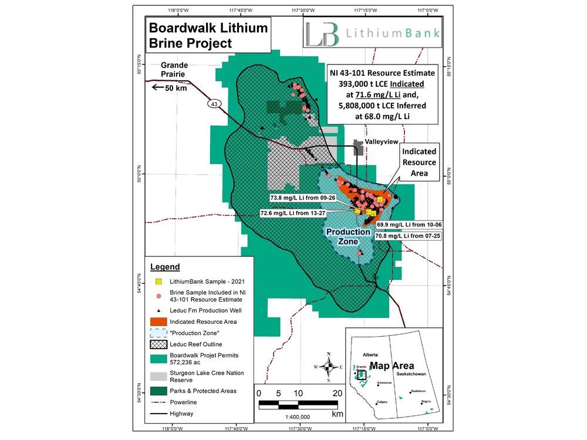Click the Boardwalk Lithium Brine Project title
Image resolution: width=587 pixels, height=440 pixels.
208,35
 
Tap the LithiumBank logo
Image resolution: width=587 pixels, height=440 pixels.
372,34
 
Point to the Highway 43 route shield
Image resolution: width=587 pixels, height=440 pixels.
215,103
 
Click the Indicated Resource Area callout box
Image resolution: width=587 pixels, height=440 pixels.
419,161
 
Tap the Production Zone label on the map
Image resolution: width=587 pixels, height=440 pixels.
348,236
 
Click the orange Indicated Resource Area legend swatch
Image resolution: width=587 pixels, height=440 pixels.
158,322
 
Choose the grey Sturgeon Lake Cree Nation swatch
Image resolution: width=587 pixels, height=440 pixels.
158,376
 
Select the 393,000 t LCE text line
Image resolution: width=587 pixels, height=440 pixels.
381,84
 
